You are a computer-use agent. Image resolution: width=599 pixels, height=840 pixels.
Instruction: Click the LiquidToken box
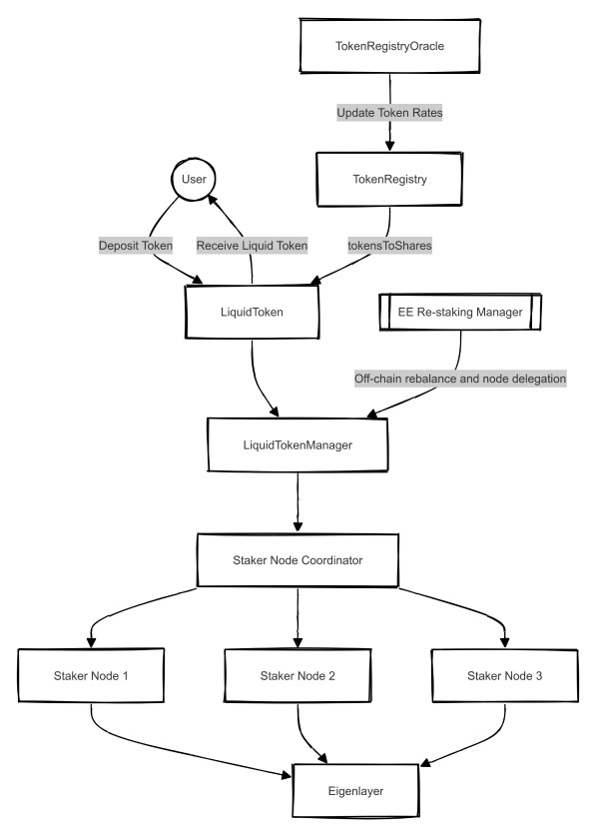pyautogui.click(x=252, y=313)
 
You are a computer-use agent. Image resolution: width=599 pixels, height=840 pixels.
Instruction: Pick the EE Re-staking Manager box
pyautogui.click(x=460, y=312)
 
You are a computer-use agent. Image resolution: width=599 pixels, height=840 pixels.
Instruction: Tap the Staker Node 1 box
pyautogui.click(x=92, y=676)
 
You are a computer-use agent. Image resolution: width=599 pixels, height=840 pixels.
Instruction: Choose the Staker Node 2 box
pyautogui.click(x=299, y=676)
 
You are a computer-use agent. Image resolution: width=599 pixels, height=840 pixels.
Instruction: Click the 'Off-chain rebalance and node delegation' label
pyautogui.click(x=460, y=379)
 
